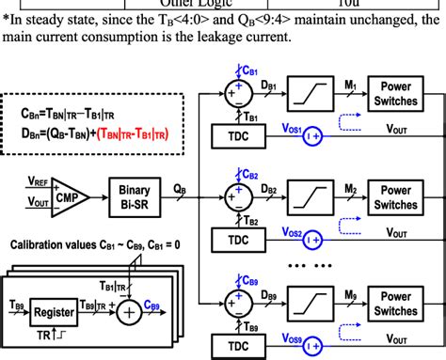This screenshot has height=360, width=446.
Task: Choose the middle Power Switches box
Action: pos(396,197)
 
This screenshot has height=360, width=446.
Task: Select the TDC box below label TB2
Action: pos(247,242)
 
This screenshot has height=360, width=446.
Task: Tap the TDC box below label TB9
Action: pos(247,347)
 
